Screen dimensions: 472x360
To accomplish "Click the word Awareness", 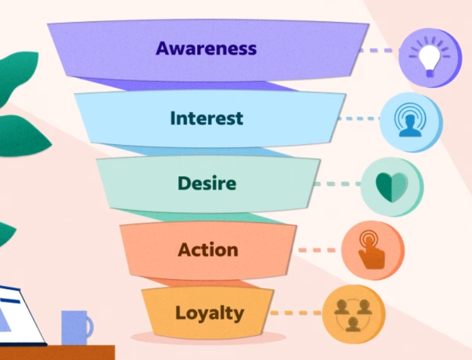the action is tap(206, 48).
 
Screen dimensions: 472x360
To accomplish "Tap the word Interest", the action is tap(206, 118).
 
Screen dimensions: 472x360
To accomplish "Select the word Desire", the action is tap(206, 183).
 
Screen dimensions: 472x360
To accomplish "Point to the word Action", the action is tap(208, 250).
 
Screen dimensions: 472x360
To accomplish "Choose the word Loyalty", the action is tap(210, 314).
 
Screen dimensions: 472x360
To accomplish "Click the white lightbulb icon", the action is tap(429, 58).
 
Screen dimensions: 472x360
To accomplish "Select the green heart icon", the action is tap(392, 187).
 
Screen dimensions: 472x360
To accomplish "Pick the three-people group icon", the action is tap(353, 315).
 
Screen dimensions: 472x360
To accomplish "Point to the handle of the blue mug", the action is tap(90, 327).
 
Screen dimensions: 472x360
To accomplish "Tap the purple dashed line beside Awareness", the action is tap(380, 51).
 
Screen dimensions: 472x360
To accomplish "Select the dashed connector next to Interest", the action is tap(359, 119).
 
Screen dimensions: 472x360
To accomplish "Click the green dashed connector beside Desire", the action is tap(337, 184).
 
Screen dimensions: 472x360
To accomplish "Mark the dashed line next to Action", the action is tap(317, 250).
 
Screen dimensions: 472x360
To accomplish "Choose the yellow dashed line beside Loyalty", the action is tap(296, 313).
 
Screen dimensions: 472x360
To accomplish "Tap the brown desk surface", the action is tap(57, 352).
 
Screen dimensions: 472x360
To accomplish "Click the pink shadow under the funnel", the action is tap(208, 337).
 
